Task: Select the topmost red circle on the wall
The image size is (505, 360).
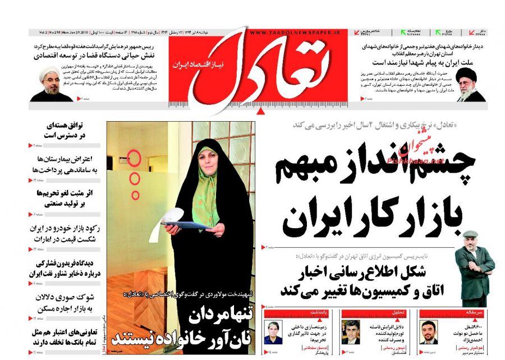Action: coord(134,159)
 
